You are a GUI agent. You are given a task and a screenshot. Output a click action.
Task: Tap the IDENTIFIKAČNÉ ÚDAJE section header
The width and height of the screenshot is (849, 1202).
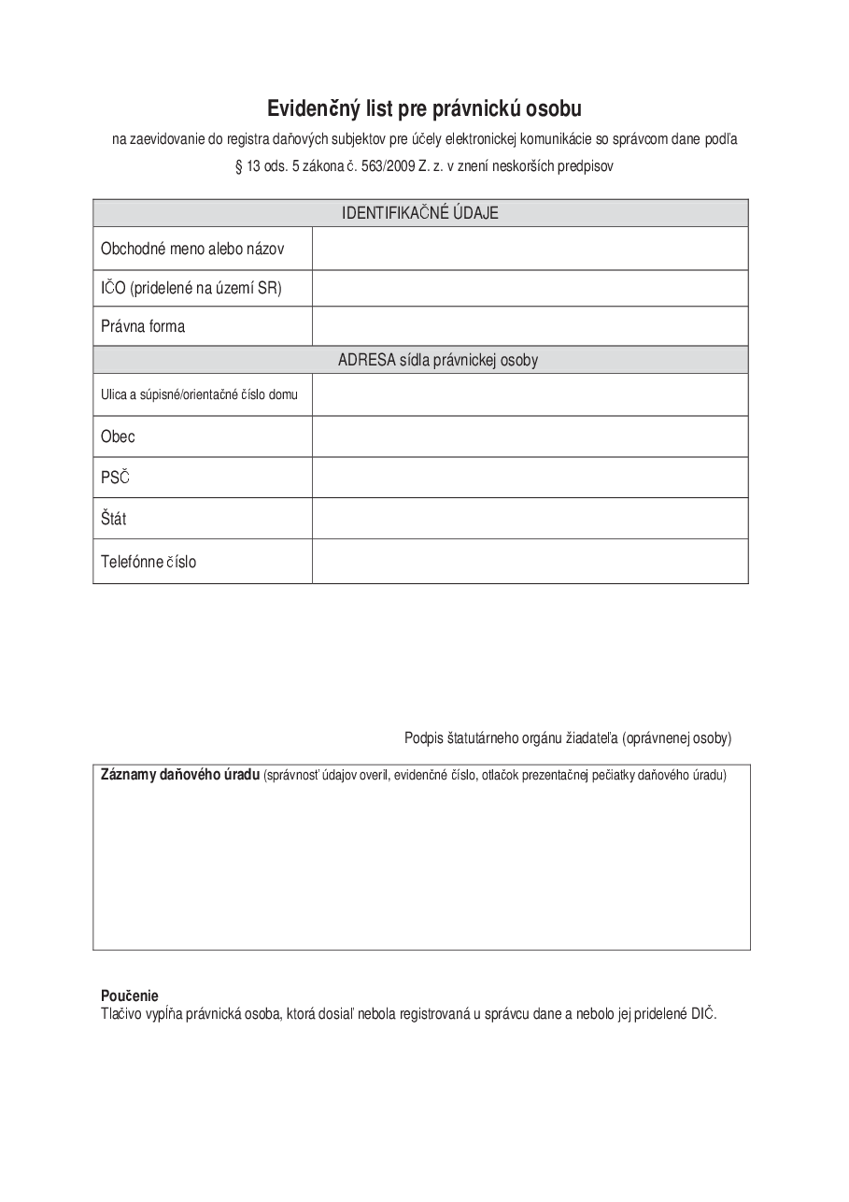420,213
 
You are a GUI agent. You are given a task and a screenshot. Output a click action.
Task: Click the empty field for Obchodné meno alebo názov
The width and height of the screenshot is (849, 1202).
530,249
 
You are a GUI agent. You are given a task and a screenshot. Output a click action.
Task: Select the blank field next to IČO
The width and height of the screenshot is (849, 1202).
530,288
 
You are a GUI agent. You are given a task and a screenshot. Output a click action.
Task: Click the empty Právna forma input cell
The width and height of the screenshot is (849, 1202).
530,326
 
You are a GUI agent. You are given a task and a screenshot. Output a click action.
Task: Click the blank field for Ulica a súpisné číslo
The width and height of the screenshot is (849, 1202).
530,394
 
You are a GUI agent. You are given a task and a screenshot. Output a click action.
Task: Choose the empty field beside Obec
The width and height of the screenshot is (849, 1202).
530,436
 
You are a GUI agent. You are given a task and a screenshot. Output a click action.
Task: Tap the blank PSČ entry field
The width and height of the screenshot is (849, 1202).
530,478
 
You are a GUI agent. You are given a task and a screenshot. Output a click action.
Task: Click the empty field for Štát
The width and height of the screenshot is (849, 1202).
530,518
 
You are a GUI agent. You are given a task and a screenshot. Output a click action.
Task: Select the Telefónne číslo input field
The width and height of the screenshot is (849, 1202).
530,562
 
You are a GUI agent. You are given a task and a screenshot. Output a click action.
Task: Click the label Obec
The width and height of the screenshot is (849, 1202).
118,436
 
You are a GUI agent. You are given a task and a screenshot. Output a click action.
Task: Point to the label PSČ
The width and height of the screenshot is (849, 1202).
115,478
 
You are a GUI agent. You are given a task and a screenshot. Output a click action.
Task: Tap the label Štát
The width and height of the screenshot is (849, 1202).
114,518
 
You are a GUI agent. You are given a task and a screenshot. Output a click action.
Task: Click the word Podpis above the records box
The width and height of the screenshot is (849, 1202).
421,738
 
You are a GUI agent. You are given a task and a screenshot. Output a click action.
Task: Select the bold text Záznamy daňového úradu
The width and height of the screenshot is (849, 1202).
179,775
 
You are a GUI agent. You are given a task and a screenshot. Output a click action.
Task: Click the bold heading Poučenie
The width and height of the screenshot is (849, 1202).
130,995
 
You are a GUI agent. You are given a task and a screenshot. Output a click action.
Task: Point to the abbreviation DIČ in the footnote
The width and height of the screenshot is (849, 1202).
702,1014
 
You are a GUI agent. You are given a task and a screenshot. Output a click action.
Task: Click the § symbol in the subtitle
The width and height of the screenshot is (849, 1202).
238,166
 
